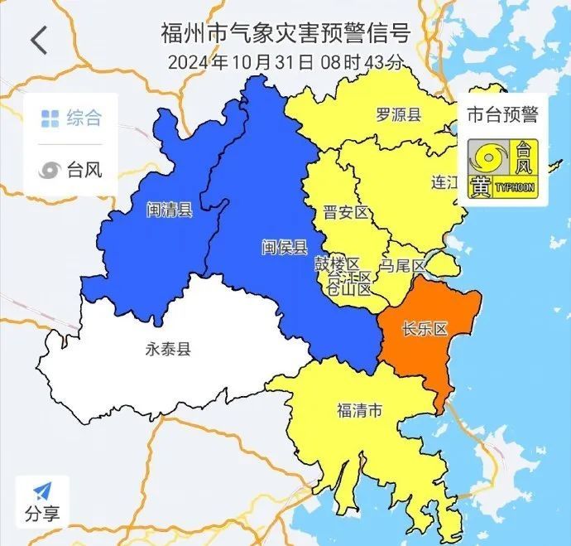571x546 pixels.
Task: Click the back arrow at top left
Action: [39, 41]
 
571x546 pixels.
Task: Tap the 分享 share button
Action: [41, 502]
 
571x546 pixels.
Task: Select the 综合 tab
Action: [72, 118]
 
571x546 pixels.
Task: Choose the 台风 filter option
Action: [72, 170]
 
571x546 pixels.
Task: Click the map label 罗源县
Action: [399, 114]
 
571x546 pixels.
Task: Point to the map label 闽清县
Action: [169, 210]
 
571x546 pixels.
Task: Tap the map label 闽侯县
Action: [284, 247]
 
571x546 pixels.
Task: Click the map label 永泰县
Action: [167, 349]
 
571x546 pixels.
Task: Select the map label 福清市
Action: [360, 409]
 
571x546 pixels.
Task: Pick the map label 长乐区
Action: [423, 329]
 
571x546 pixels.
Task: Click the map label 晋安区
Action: [345, 213]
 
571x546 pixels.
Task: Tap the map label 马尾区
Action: [402, 265]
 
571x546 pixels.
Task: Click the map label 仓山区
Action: [348, 288]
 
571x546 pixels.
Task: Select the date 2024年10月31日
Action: [241, 62]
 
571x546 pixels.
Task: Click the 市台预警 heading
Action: [501, 114]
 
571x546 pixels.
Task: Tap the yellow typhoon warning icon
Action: [501, 168]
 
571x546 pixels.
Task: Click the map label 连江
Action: [444, 183]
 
